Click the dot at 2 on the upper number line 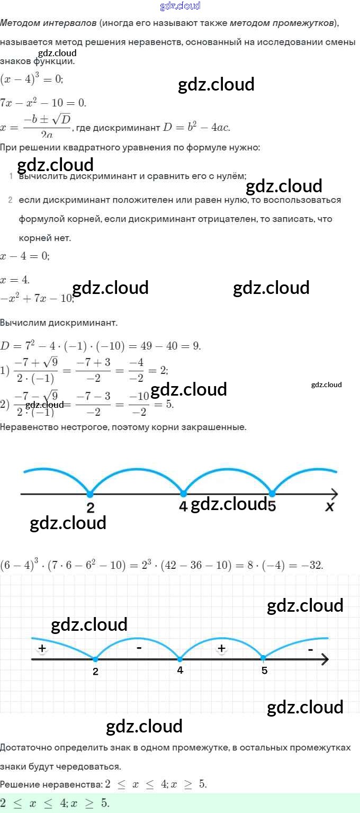[89, 494]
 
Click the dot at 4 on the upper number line [183, 494]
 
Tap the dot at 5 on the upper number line [272, 494]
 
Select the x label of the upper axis [330, 507]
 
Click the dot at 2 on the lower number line [95, 659]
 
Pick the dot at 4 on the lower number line [180, 659]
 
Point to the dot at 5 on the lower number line [264, 659]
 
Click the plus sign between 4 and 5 [222, 648]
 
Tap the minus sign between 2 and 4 [138, 648]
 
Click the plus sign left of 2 [42, 648]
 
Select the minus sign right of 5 [310, 649]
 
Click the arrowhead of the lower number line [325, 659]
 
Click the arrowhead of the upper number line [334, 494]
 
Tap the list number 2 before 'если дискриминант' [10, 200]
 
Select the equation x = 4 [15, 280]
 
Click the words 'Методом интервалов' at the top [48, 23]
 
